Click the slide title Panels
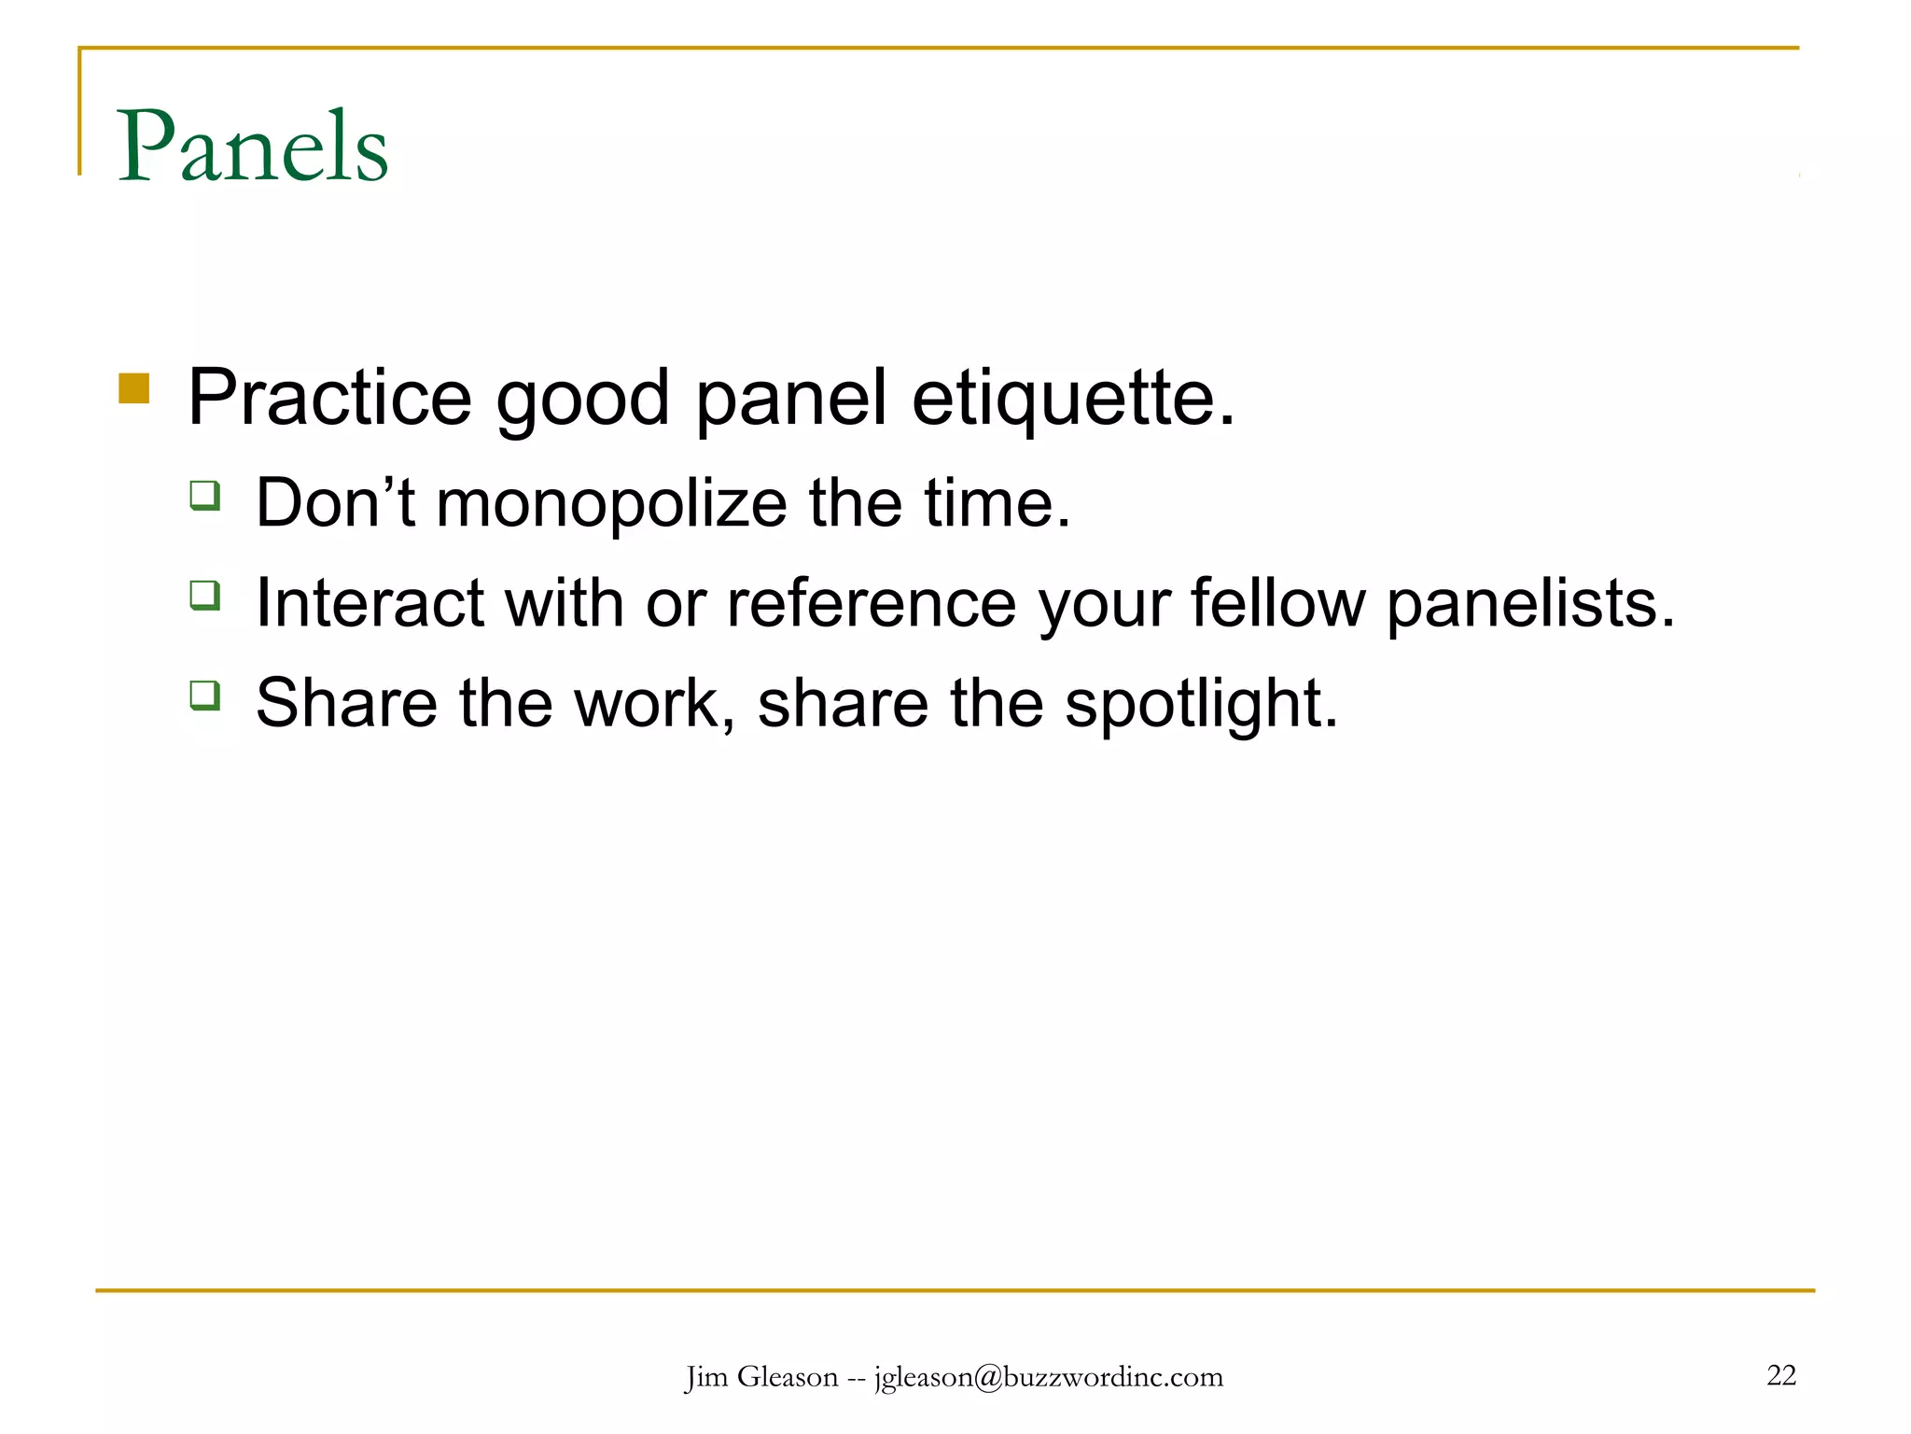coord(252,148)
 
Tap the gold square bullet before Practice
coord(134,388)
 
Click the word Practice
coord(329,398)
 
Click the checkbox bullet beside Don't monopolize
coord(205,495)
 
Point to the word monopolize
coord(611,504)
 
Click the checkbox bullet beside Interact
coord(205,595)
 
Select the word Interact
coord(370,603)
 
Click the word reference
coord(872,603)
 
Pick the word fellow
coord(1277,603)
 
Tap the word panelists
coord(1529,603)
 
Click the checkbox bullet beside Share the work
coord(205,696)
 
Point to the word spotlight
coord(1199,704)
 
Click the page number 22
coord(1781,1375)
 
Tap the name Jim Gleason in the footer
coord(761,1377)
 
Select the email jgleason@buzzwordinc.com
coord(1048,1377)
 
